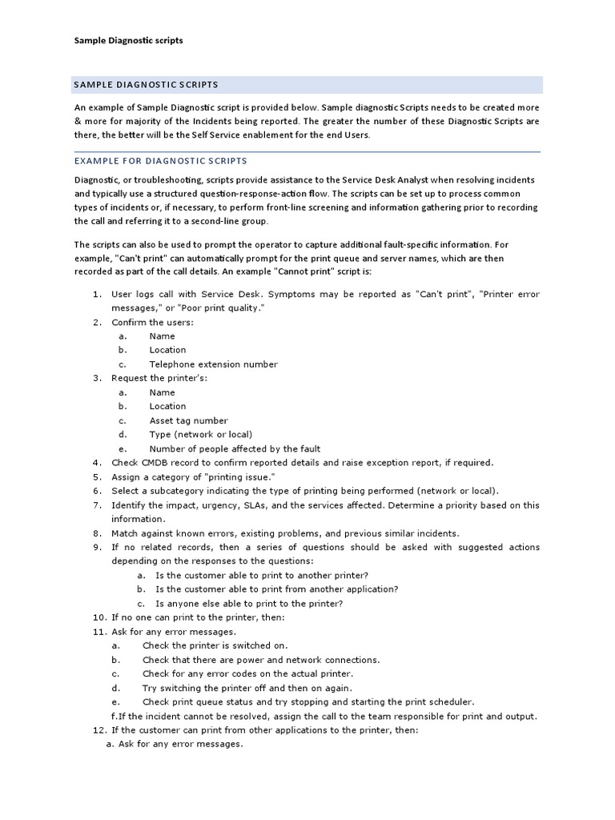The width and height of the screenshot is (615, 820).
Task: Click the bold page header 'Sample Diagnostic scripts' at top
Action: coord(128,40)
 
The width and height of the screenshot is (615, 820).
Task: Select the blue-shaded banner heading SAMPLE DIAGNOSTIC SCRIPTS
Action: coord(146,84)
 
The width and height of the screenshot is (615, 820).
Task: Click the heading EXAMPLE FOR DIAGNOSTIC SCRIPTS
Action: coord(161,161)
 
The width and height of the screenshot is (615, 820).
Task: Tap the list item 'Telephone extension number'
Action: coord(213,364)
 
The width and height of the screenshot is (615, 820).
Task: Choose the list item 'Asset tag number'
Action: coord(188,420)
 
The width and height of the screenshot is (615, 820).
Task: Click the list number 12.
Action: coord(99,730)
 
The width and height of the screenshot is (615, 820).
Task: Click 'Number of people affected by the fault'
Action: coord(235,449)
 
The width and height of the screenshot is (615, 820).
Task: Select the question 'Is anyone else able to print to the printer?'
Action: coord(249,604)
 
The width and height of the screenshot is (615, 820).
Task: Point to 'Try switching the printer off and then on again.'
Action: coord(247,688)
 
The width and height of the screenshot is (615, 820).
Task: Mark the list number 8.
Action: coord(97,533)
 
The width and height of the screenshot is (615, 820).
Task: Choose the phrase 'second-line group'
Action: coord(230,221)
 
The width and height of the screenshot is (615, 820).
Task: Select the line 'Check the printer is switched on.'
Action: coord(215,645)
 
